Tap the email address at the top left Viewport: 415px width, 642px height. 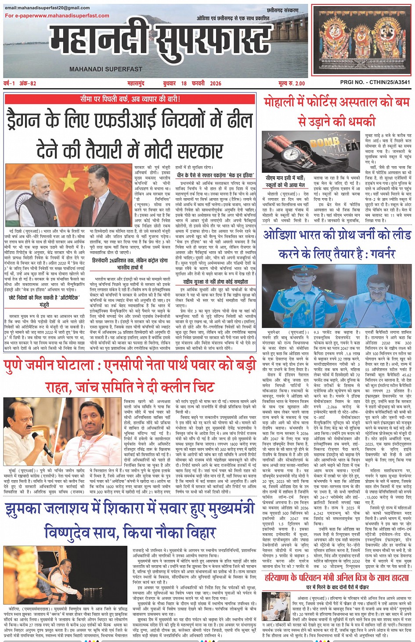click(x=47, y=8)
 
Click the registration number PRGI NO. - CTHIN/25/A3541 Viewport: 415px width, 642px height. click(x=375, y=82)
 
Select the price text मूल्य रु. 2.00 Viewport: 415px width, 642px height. click(x=291, y=83)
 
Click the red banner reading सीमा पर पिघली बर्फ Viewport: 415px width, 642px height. click(x=130, y=99)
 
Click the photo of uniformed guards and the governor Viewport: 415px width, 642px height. click(x=337, y=296)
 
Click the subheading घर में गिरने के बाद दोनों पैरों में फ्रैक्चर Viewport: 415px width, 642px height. click(x=337, y=587)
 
